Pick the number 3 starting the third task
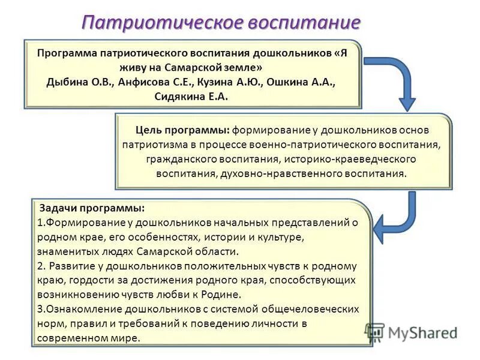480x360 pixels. (40, 309)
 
